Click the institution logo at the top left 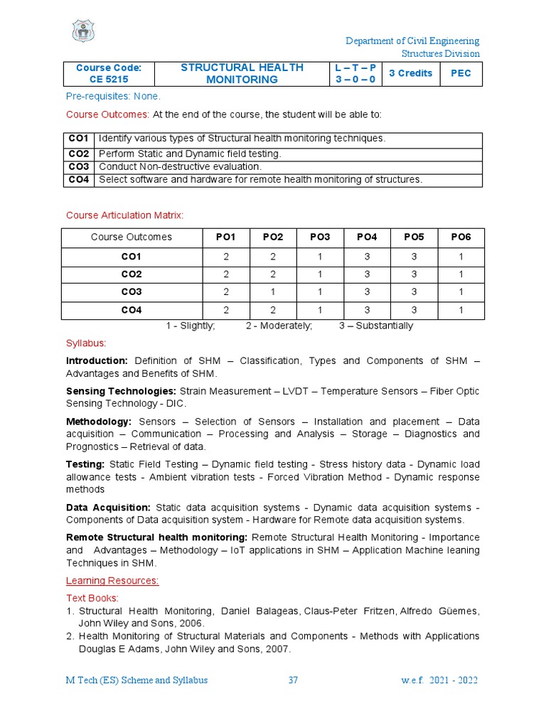click(x=83, y=31)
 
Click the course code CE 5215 click(x=109, y=80)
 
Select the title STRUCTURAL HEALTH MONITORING click(x=242, y=73)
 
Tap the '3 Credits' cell click(x=410, y=73)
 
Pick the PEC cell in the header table click(x=461, y=73)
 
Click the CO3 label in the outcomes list click(x=78, y=166)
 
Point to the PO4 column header click(x=367, y=237)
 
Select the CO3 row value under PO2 click(x=273, y=292)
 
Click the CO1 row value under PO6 click(x=461, y=256)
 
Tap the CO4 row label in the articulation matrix click(x=132, y=311)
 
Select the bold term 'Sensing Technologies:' click(x=121, y=392)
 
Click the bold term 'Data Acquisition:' click(x=108, y=508)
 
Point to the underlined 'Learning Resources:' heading click(x=112, y=581)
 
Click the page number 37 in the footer click(x=293, y=680)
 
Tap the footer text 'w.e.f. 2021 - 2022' click(x=439, y=680)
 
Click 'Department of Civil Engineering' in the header click(x=412, y=41)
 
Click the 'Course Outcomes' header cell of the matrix click(x=132, y=237)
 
